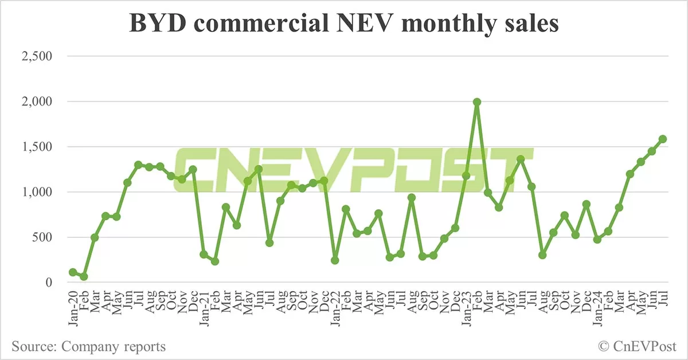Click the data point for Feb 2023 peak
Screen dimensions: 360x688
(476, 102)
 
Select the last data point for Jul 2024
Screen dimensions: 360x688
(662, 139)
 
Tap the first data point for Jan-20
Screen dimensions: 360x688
(73, 272)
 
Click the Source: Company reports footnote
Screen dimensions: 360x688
(89, 346)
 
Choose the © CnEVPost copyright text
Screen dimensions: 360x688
(637, 346)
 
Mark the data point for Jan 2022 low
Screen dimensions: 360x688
(335, 260)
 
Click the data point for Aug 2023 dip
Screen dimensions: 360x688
(542, 255)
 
